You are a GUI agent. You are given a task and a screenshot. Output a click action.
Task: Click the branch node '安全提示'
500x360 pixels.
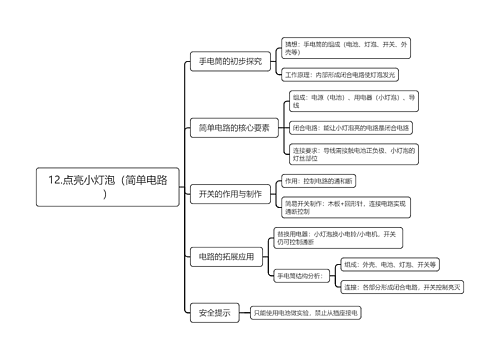214,313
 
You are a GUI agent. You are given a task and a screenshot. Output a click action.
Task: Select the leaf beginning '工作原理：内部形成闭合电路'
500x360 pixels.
340,75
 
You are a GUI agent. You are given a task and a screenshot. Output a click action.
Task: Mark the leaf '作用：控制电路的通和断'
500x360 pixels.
319,180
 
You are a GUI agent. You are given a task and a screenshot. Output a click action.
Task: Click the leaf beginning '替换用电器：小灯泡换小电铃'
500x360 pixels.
338,239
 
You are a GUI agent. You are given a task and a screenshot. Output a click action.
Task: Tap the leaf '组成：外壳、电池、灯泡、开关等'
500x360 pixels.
390,264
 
